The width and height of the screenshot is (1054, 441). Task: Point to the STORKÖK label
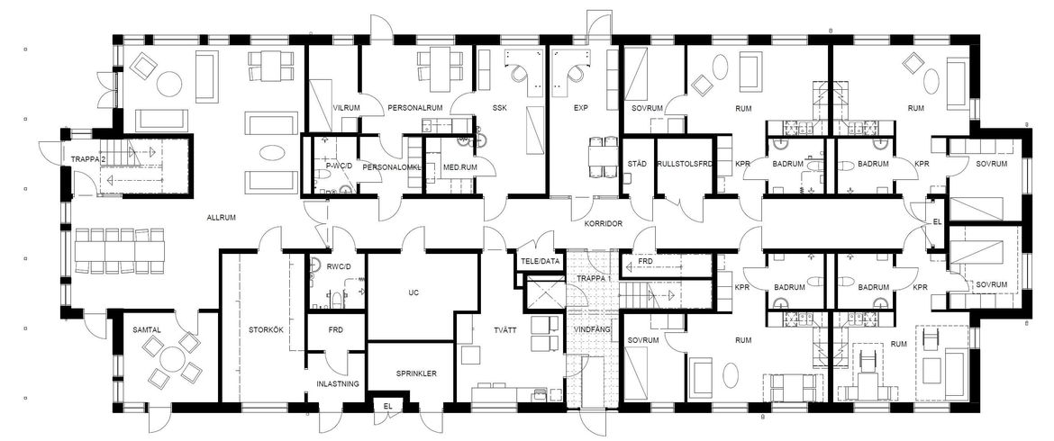(x=263, y=329)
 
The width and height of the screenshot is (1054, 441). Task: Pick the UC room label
(x=414, y=292)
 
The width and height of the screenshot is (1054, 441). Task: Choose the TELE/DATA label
(x=540, y=261)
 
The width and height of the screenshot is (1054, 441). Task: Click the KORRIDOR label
(x=604, y=222)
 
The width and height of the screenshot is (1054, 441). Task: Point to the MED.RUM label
(x=459, y=167)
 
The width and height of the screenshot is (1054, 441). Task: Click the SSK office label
(x=499, y=108)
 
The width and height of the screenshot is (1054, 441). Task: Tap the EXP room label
(x=581, y=108)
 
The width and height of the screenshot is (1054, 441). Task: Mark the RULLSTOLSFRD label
(x=685, y=164)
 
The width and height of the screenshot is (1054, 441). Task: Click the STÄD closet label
(x=636, y=164)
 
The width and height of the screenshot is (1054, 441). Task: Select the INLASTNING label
(x=338, y=384)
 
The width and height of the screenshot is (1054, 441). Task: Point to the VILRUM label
(x=347, y=108)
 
